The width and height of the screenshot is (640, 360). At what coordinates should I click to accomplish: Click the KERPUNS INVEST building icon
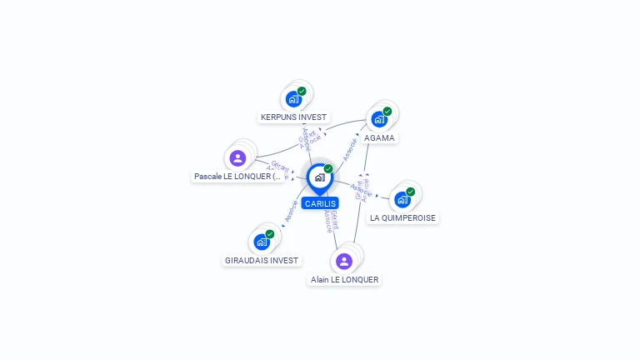[x=292, y=99]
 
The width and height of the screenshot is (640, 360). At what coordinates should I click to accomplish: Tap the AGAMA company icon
[x=379, y=119]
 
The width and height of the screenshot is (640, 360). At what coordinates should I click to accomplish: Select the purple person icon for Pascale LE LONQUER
[x=237, y=158]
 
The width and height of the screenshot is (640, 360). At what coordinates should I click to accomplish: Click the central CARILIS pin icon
[x=319, y=177]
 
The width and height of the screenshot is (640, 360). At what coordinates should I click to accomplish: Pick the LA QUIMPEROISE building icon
[x=402, y=200]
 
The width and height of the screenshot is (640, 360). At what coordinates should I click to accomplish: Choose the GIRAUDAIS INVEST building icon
[x=262, y=242]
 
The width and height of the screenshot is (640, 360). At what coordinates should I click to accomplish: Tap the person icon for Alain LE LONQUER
[x=344, y=262]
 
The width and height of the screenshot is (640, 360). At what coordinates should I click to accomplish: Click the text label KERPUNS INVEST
[x=293, y=117]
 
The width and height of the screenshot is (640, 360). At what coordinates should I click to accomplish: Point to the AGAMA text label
[x=379, y=137]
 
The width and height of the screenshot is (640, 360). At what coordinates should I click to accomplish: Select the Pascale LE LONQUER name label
[x=237, y=177]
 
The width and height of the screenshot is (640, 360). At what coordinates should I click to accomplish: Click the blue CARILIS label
[x=320, y=203]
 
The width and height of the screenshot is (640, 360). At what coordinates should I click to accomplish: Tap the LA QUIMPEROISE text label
[x=403, y=218]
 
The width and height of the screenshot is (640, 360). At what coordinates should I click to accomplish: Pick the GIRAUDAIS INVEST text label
[x=262, y=261]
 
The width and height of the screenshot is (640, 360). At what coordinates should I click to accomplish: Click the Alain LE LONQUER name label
[x=344, y=280]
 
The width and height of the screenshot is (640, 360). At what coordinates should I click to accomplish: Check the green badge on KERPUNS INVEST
[x=302, y=91]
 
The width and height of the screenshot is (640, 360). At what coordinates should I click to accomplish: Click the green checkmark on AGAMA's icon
[x=387, y=111]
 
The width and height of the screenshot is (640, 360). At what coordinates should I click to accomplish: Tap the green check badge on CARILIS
[x=328, y=168]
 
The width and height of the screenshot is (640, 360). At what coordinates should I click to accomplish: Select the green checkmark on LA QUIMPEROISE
[x=411, y=192]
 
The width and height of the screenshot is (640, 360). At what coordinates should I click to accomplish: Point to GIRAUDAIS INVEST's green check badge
[x=270, y=234]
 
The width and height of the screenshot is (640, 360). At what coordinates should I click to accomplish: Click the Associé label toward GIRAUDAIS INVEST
[x=291, y=212]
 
